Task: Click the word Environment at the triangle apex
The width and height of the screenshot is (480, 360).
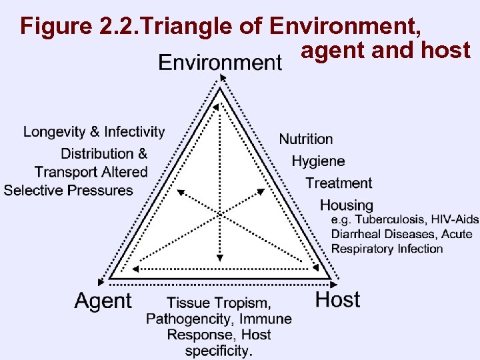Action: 220,63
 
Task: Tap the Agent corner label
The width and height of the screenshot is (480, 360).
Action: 103,301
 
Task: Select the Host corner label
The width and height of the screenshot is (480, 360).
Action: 337,299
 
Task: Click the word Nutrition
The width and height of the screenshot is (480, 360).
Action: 306,139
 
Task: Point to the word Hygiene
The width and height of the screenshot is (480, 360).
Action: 318,161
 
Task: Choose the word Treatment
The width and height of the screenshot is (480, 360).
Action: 339,183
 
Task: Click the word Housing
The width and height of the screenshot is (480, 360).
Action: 347,205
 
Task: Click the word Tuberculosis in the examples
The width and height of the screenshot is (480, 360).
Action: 390,220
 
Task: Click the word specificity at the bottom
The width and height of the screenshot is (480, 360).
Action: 218,350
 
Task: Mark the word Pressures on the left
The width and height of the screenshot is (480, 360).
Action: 98,191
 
